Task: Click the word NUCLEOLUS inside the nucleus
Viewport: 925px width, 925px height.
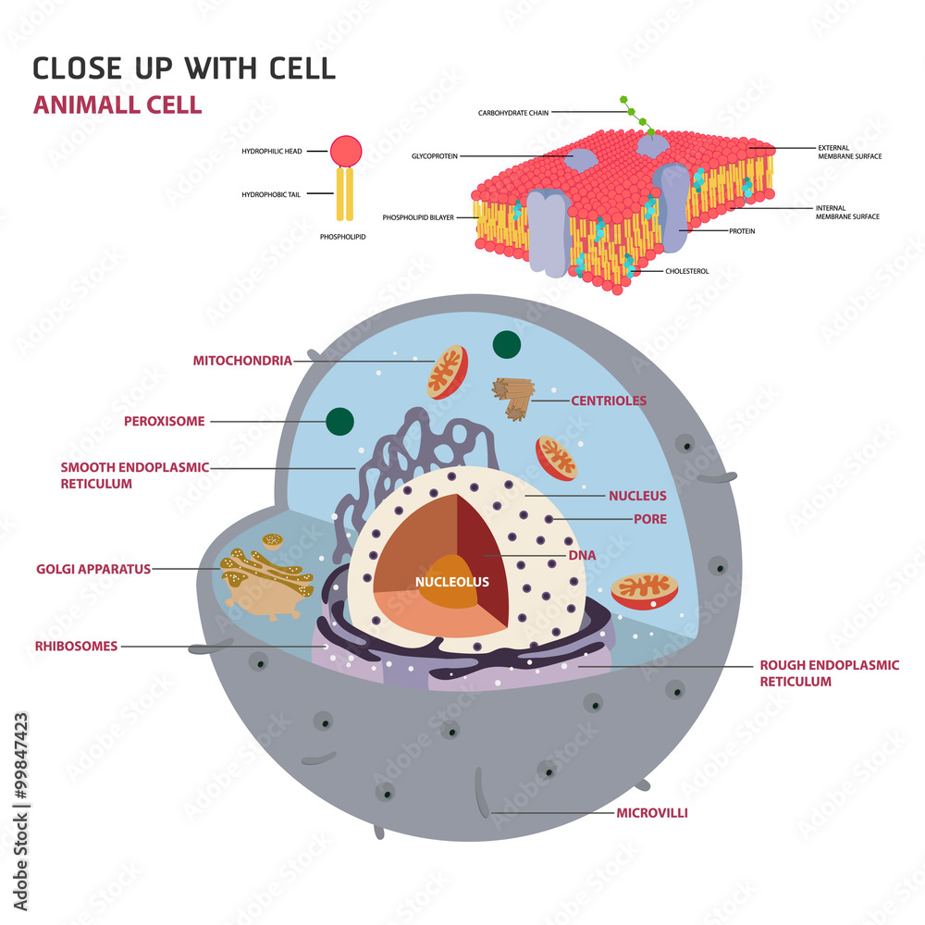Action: pyautogui.click(x=451, y=582)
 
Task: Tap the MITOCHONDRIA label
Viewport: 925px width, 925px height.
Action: pyautogui.click(x=242, y=361)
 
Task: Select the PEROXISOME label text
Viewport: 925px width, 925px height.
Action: pyautogui.click(x=165, y=422)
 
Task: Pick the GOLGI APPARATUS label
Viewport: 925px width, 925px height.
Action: pyautogui.click(x=93, y=569)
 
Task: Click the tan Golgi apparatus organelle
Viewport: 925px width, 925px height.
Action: pyautogui.click(x=265, y=583)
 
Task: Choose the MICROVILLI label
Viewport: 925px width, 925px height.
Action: pyautogui.click(x=652, y=813)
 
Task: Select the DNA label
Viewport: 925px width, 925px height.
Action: pyautogui.click(x=583, y=555)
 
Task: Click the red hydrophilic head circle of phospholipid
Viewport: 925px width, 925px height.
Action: pyautogui.click(x=346, y=150)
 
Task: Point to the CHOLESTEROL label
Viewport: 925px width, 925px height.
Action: pyautogui.click(x=687, y=271)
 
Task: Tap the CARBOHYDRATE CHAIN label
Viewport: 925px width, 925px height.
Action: pyautogui.click(x=513, y=113)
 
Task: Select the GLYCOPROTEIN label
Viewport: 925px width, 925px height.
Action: pyautogui.click(x=435, y=156)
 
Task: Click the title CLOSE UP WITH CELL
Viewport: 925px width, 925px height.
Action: pyautogui.click(x=184, y=68)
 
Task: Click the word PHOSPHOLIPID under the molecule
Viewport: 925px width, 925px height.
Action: pyautogui.click(x=342, y=237)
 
